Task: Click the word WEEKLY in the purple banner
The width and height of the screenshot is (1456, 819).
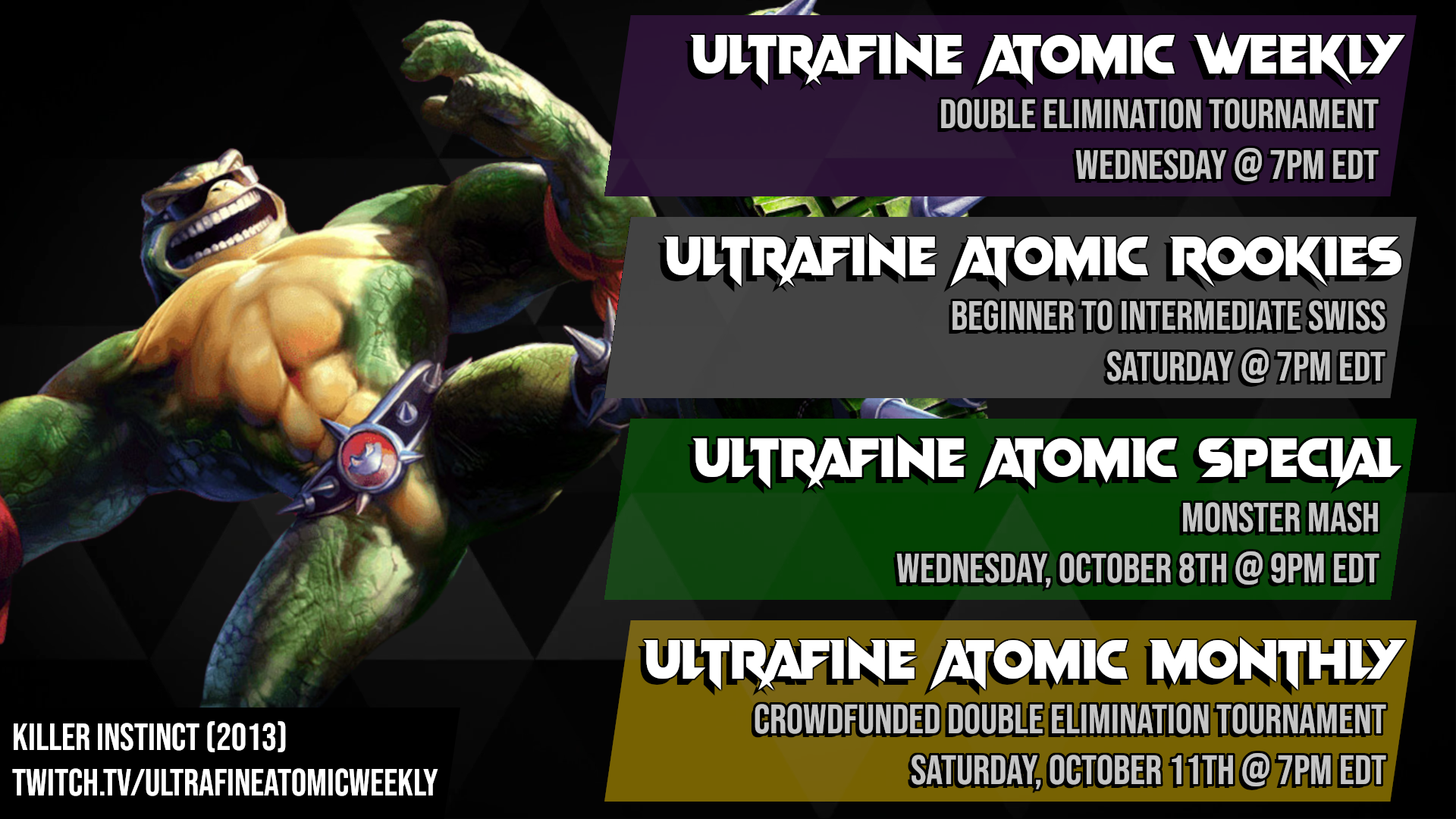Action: (x=1298, y=58)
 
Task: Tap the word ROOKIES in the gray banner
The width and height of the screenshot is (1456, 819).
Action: (x=1285, y=259)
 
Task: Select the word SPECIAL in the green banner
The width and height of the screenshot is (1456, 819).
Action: (x=1298, y=461)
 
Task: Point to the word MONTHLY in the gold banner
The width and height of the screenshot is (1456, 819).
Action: (x=1276, y=662)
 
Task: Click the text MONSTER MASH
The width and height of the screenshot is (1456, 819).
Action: (x=1280, y=519)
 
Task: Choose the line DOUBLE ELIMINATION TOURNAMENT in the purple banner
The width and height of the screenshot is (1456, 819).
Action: (x=1159, y=115)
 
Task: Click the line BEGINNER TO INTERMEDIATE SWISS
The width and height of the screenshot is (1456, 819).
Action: (x=1168, y=316)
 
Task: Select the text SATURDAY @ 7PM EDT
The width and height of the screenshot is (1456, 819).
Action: (x=1245, y=367)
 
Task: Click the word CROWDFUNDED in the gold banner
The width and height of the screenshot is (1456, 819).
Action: (x=846, y=720)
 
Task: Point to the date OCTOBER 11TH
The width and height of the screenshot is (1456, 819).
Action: (x=1141, y=771)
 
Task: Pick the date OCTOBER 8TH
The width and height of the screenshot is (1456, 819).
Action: (x=1142, y=570)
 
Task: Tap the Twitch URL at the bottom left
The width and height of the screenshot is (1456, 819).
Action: (x=225, y=783)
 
